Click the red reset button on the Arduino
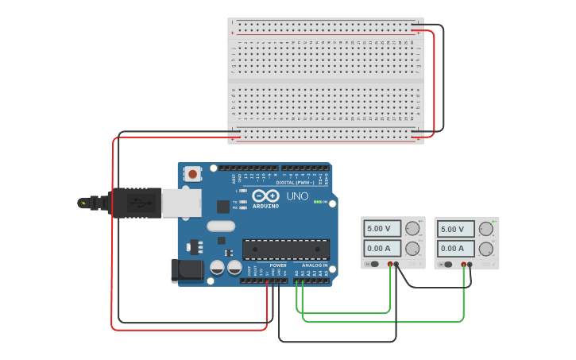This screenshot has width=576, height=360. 192,173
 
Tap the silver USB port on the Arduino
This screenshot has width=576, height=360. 181,203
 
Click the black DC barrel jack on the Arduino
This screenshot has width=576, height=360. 187,270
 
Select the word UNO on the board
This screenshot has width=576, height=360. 297,195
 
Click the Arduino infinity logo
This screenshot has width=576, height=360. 265,195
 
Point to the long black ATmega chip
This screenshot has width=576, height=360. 285,249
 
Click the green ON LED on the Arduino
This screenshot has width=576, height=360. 317,202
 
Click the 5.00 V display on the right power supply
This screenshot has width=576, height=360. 455,229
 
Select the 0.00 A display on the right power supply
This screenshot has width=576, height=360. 455,249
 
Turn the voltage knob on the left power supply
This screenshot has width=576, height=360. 412,229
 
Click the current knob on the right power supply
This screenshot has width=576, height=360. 485,249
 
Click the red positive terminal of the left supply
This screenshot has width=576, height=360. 390,264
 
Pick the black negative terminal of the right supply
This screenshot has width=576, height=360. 470,265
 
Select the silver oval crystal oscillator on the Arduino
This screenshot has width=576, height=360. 221,226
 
